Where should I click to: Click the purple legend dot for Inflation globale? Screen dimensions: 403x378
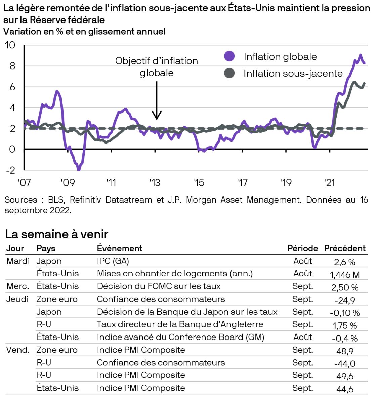click(229, 56)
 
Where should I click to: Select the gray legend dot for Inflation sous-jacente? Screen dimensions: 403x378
click(229, 73)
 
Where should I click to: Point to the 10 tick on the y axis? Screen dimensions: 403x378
click(10, 45)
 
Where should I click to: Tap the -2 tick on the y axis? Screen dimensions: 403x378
click(10, 170)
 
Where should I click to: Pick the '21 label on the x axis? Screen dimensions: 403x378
click(329, 183)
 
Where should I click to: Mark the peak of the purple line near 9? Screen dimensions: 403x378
click(360, 55)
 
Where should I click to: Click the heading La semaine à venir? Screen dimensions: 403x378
click(57, 234)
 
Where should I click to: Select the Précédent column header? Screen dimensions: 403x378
click(345, 248)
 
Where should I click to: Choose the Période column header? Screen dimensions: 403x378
click(302, 248)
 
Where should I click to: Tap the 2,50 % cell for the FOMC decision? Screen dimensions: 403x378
click(345, 287)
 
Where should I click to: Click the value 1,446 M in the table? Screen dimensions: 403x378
click(345, 275)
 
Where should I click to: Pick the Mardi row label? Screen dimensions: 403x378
click(18, 261)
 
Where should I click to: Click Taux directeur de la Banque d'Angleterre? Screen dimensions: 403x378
click(180, 324)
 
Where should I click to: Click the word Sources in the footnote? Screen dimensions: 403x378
click(21, 200)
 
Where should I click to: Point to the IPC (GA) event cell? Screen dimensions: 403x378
click(113, 261)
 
